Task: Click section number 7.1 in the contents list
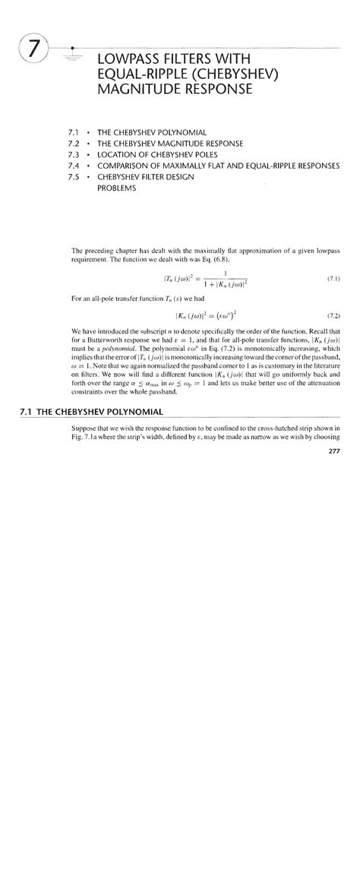pyautogui.click(x=74, y=132)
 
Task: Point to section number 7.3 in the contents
pyautogui.click(x=74, y=154)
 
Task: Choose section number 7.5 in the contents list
pyautogui.click(x=74, y=176)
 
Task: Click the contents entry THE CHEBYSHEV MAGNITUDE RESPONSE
pyautogui.click(x=170, y=144)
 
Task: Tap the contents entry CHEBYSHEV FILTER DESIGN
pyautogui.click(x=146, y=176)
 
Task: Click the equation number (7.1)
pyautogui.click(x=333, y=279)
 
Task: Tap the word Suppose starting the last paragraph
pyautogui.click(x=84, y=428)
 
